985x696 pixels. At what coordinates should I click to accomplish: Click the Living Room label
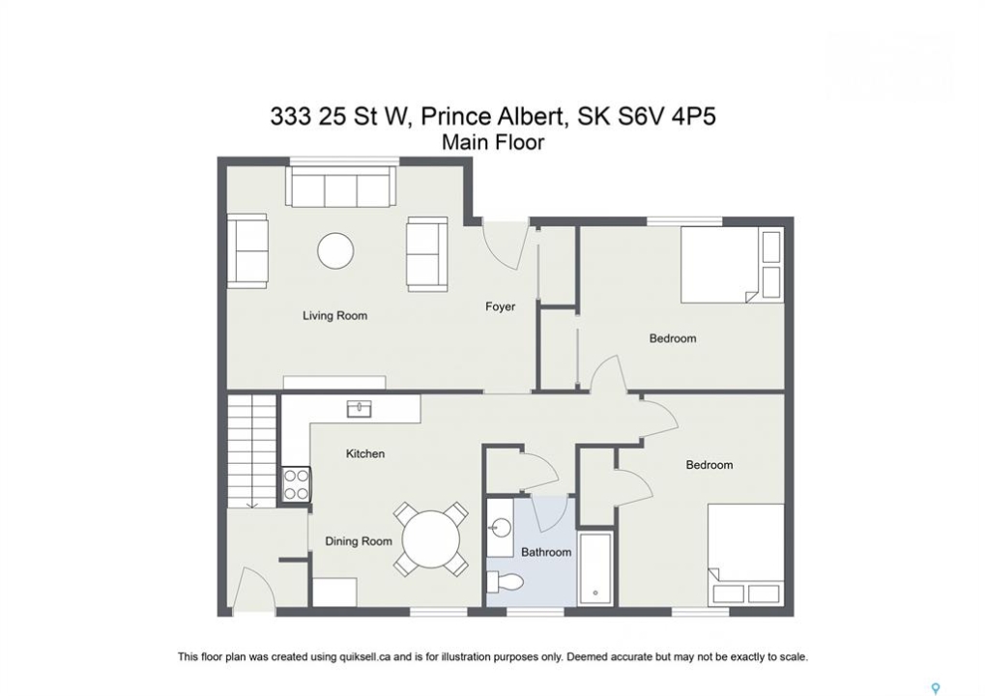(334, 315)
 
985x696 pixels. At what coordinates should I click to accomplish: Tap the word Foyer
(500, 306)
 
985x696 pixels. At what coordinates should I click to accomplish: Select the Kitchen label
(365, 453)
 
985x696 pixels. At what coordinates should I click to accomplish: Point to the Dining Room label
(358, 540)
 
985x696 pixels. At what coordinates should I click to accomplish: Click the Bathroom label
(546, 552)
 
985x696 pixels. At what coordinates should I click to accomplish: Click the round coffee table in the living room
(335, 251)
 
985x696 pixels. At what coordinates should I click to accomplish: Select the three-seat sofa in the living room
(342, 187)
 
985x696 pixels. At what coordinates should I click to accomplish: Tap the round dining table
(431, 539)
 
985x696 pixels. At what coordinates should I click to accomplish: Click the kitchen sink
(360, 409)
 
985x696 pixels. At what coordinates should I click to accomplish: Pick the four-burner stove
(297, 485)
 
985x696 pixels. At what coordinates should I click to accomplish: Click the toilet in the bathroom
(505, 582)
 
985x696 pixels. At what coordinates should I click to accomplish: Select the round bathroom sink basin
(501, 527)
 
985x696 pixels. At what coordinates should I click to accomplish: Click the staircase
(252, 451)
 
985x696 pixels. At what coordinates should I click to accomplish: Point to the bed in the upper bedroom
(732, 265)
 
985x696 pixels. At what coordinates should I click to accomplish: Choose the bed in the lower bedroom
(745, 555)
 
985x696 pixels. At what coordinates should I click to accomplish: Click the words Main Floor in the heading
(493, 142)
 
